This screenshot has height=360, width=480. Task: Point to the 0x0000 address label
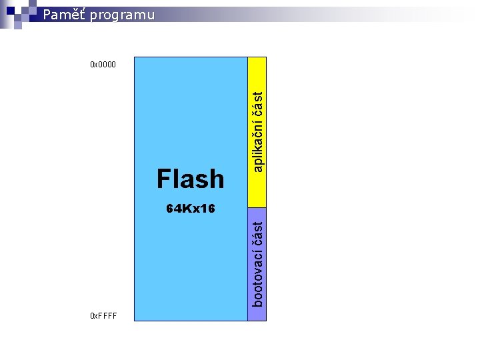103,65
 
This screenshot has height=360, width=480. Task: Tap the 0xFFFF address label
103,315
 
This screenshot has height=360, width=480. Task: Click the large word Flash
191,179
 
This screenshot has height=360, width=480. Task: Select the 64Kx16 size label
191,209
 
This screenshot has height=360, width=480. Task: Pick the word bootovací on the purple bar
258,275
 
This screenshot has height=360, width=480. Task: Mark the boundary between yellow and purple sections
257,208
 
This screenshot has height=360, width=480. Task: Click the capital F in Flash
164,179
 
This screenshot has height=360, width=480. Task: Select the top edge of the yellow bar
257,57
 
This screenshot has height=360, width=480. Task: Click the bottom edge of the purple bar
257,321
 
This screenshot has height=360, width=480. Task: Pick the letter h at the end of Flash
217,179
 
